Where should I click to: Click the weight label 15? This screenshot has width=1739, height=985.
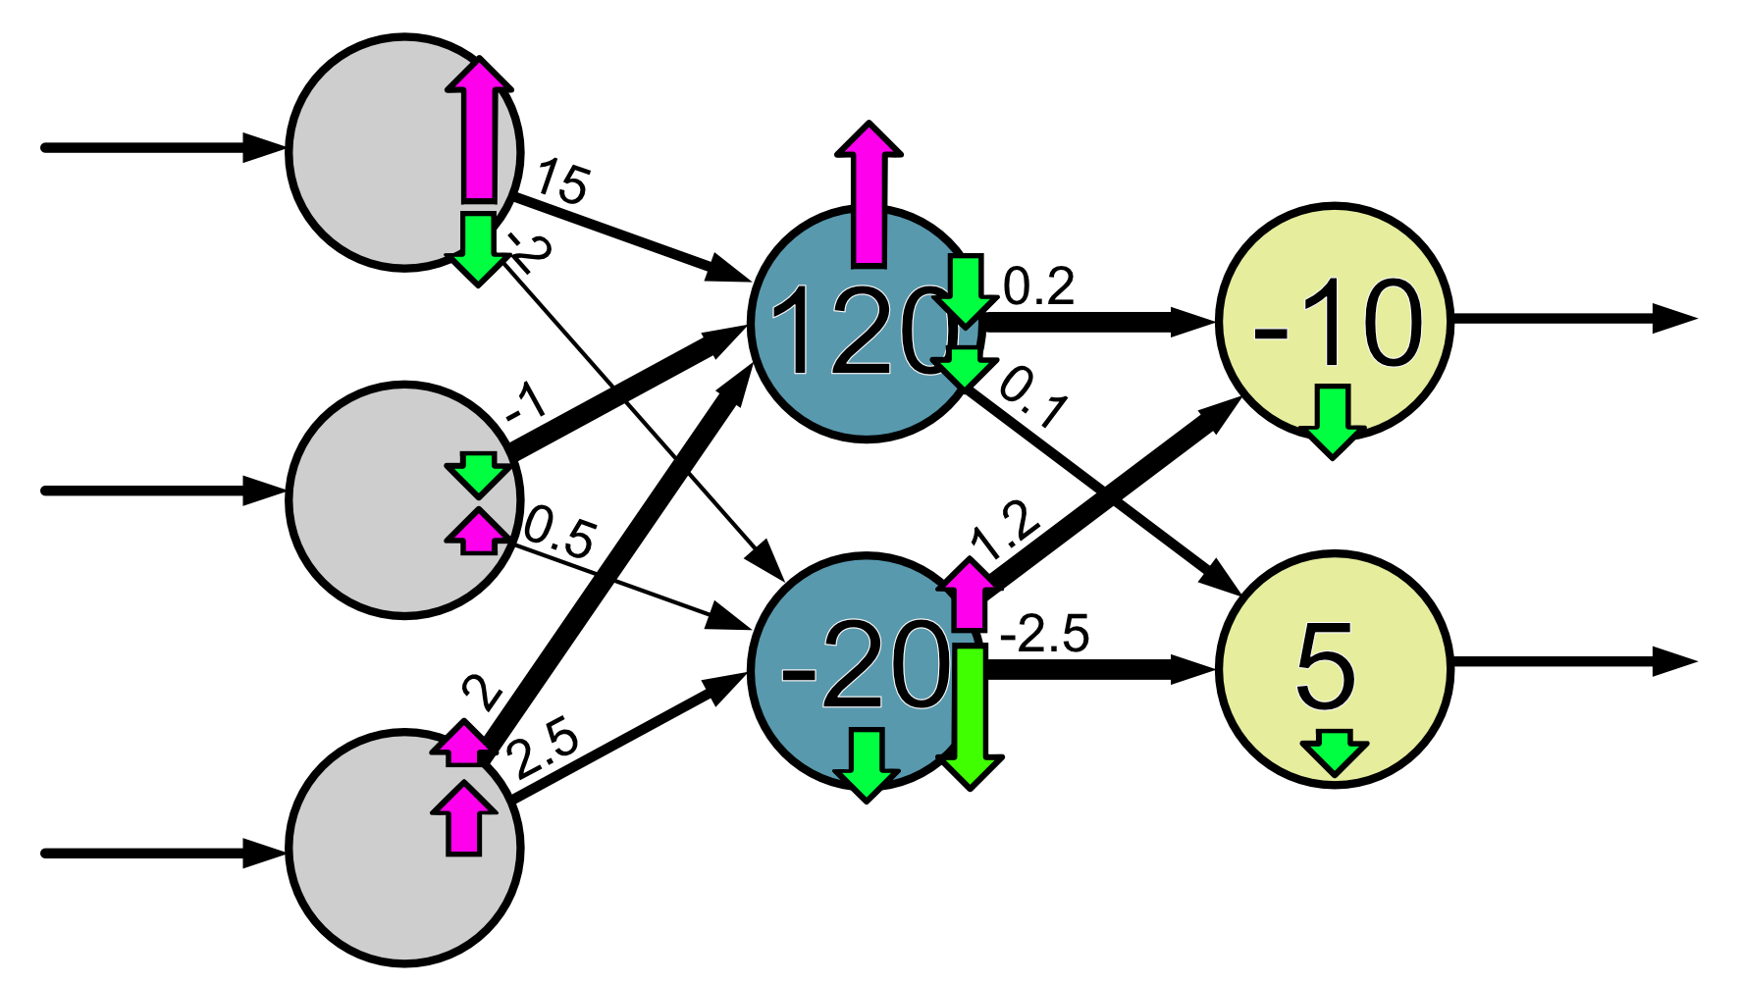coord(562,182)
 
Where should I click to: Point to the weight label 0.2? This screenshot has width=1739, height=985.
coord(1039,286)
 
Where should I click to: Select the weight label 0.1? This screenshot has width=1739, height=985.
coord(1032,397)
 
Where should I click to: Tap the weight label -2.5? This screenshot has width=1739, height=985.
coord(1044,636)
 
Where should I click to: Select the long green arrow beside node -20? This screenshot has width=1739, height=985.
coord(971,716)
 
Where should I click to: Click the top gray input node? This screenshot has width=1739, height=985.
coord(383,152)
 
